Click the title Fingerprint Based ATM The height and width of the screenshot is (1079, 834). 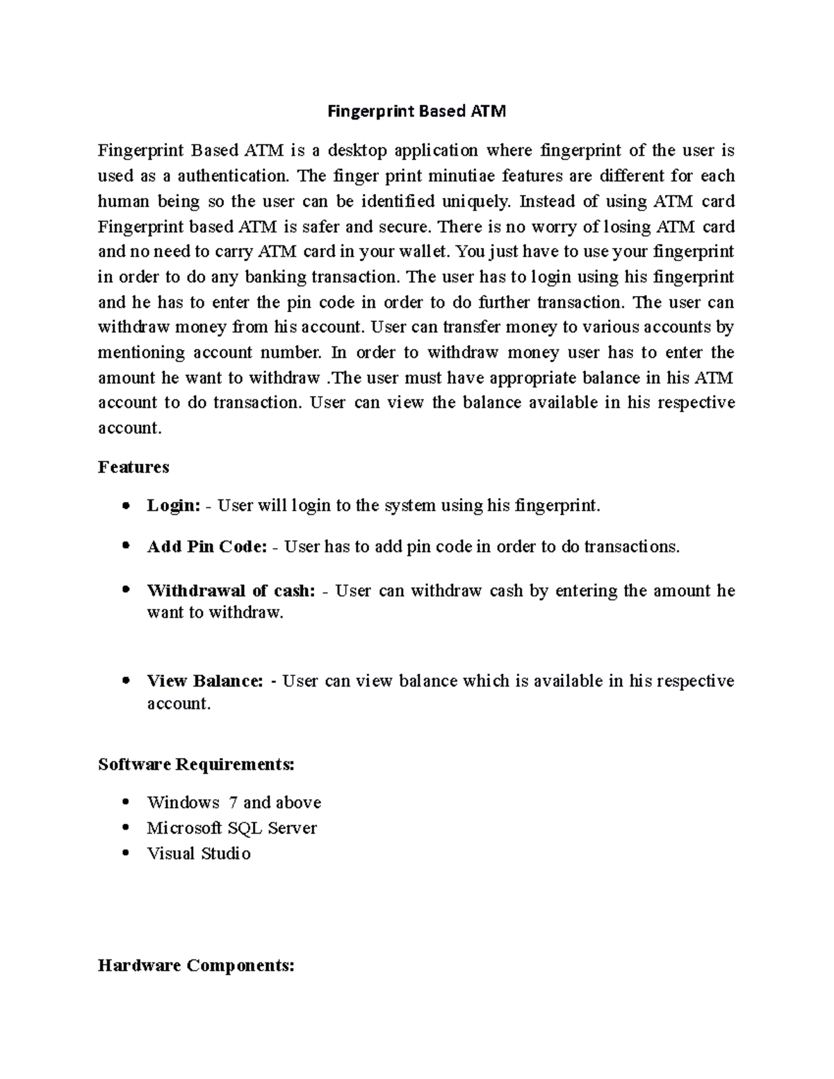pyautogui.click(x=417, y=111)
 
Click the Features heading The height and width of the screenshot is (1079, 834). pyautogui.click(x=133, y=467)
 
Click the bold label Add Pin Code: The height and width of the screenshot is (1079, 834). pyautogui.click(x=206, y=547)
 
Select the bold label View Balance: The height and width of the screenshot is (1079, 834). pyautogui.click(x=205, y=681)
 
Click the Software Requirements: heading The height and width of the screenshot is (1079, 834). pyautogui.click(x=196, y=765)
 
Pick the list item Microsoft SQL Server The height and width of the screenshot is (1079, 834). pyautogui.click(x=231, y=828)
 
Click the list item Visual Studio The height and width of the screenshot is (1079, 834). pyautogui.click(x=199, y=853)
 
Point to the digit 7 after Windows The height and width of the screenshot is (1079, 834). pyautogui.click(x=233, y=803)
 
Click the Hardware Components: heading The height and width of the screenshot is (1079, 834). pyautogui.click(x=196, y=966)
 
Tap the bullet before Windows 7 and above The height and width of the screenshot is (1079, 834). pyautogui.click(x=125, y=802)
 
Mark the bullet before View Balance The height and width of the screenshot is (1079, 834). pyautogui.click(x=125, y=681)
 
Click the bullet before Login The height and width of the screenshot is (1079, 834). pyautogui.click(x=125, y=506)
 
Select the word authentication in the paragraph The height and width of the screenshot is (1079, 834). pyautogui.click(x=233, y=176)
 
